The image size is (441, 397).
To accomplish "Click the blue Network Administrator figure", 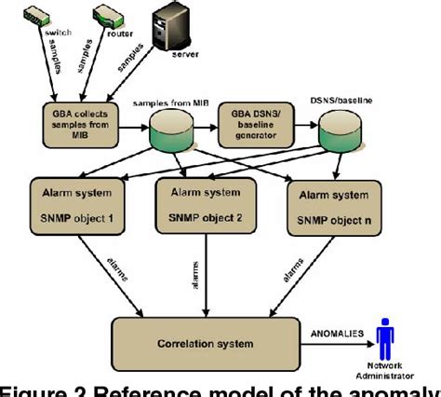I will [x=381, y=332].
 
